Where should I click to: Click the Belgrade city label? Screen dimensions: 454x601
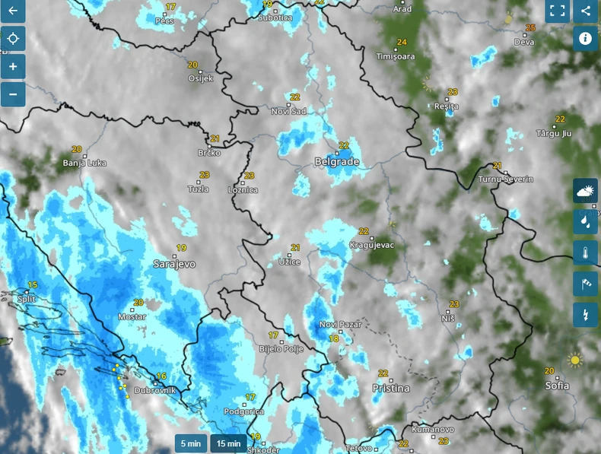pyautogui.click(x=336, y=162)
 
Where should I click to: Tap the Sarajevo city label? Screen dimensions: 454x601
pyautogui.click(x=174, y=264)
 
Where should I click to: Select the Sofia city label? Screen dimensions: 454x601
pyautogui.click(x=557, y=386)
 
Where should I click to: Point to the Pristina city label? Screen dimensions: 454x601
pyautogui.click(x=391, y=388)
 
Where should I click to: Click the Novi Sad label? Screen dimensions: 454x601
pyautogui.click(x=288, y=111)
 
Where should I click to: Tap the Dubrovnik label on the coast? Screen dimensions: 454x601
pyautogui.click(x=154, y=390)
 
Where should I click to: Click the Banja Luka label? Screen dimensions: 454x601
pyautogui.click(x=84, y=163)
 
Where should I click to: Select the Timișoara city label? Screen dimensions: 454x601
pyautogui.click(x=396, y=56)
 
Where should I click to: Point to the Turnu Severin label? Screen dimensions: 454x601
pyautogui.click(x=506, y=179)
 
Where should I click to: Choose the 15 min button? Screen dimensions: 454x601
pyautogui.click(x=228, y=443)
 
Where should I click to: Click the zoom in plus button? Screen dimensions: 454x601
pyautogui.click(x=13, y=66)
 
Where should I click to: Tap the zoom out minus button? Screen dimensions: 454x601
pyautogui.click(x=13, y=94)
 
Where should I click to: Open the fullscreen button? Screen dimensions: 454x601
pyautogui.click(x=558, y=11)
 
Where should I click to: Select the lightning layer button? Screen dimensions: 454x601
pyautogui.click(x=585, y=314)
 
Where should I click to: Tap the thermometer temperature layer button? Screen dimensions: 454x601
pyautogui.click(x=585, y=252)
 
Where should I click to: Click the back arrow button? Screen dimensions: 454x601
pyautogui.click(x=12, y=11)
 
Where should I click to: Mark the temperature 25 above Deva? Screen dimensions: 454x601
pyautogui.click(x=530, y=28)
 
